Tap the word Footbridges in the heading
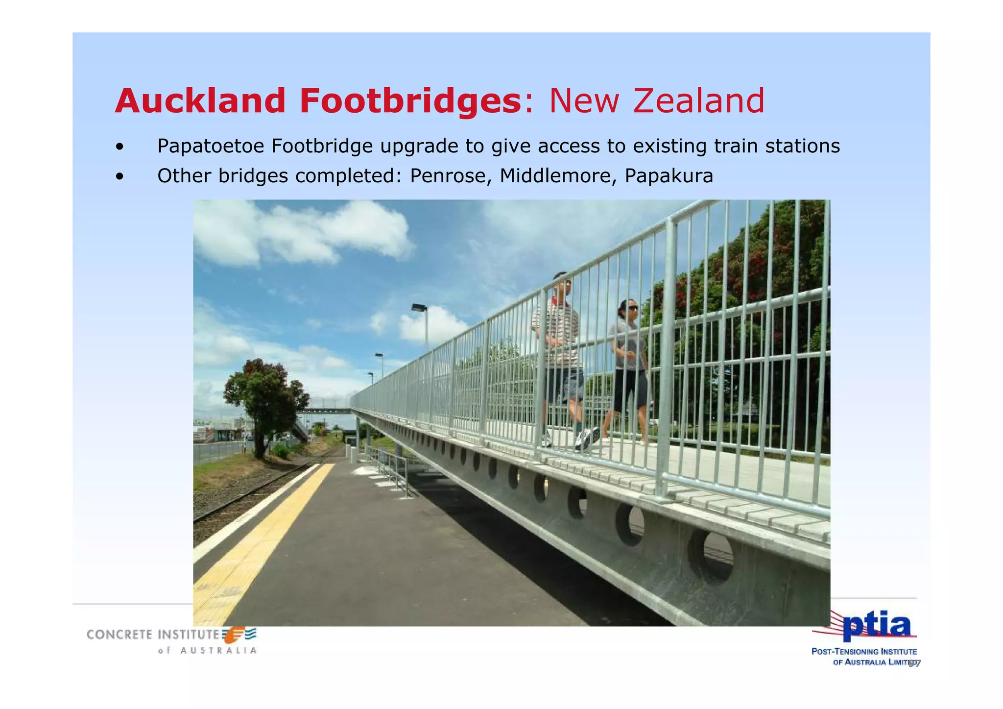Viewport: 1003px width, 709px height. [410, 101]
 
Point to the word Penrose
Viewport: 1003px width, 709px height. [450, 175]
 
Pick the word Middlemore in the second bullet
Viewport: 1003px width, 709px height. [557, 175]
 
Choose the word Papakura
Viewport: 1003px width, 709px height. [669, 175]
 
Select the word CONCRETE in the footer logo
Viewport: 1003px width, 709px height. [119, 635]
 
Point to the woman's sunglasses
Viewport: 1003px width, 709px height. [632, 308]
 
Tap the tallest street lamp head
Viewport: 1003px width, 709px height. [419, 308]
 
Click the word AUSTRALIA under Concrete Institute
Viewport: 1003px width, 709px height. [218, 651]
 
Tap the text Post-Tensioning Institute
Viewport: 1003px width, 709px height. [864, 652]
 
